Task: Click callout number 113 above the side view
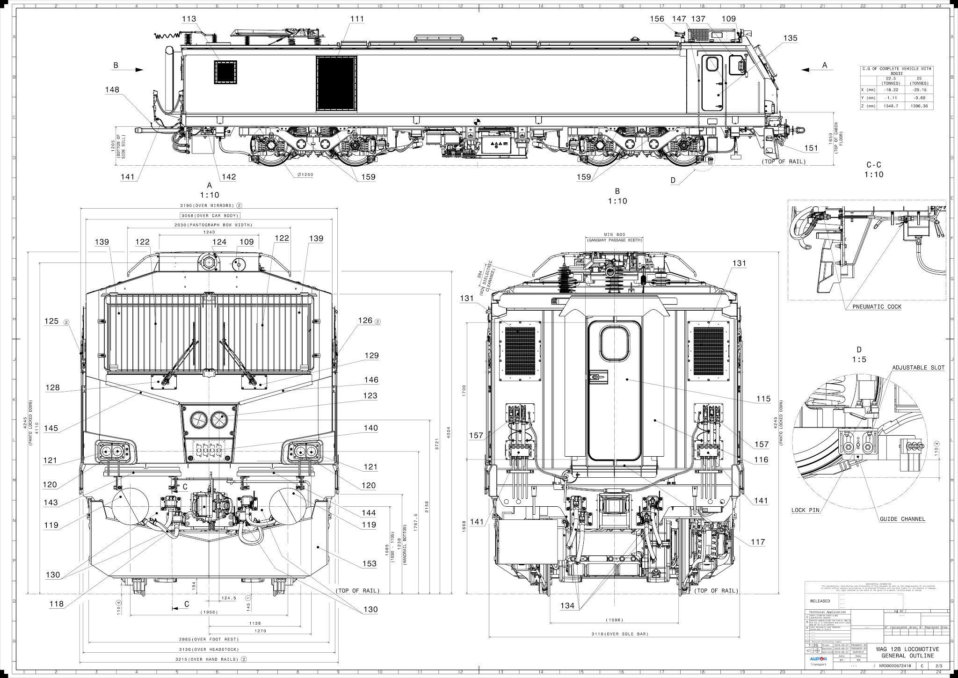(x=189, y=19)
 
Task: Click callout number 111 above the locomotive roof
(x=356, y=19)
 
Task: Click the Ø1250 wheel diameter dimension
(x=305, y=175)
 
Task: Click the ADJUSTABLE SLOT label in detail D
(x=918, y=368)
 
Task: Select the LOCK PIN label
(x=805, y=510)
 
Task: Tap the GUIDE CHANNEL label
(x=902, y=519)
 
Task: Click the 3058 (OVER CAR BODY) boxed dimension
(x=210, y=216)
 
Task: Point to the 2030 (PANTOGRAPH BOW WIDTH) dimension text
(x=210, y=225)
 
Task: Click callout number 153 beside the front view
(x=369, y=563)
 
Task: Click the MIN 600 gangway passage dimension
(x=615, y=234)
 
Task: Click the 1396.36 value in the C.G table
(x=919, y=106)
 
